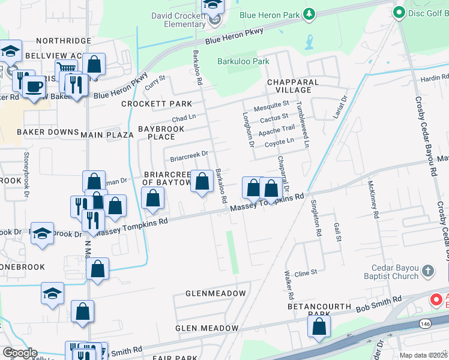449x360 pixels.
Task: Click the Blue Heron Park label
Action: point(269,14)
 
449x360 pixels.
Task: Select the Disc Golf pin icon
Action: point(398,12)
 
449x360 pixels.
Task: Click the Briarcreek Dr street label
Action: point(188,157)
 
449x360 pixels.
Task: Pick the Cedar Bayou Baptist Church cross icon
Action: point(427,270)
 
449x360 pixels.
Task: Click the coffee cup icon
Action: point(34,85)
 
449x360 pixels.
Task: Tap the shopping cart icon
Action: point(64,70)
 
